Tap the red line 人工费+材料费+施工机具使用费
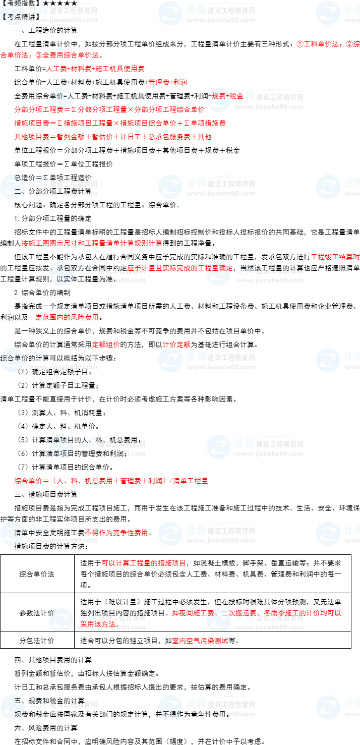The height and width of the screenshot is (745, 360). (95, 69)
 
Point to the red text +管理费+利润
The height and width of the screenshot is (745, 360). (166, 82)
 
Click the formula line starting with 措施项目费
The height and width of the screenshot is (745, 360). (119, 123)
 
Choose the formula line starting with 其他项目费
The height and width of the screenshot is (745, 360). (112, 137)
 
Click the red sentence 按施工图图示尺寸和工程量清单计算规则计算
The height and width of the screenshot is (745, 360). (91, 243)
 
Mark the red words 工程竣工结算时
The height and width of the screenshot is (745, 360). (335, 257)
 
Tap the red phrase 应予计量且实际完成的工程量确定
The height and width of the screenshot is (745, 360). (179, 268)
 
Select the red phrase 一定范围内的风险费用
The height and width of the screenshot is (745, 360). (63, 317)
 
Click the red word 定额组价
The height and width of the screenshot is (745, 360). (105, 345)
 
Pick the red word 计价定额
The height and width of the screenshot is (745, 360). (176, 345)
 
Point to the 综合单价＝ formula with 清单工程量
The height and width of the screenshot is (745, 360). (111, 481)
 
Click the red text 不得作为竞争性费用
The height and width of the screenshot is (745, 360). (118, 533)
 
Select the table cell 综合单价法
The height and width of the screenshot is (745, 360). (37, 574)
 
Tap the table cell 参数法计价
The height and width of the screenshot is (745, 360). (37, 612)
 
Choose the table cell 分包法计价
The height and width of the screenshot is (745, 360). (37, 641)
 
